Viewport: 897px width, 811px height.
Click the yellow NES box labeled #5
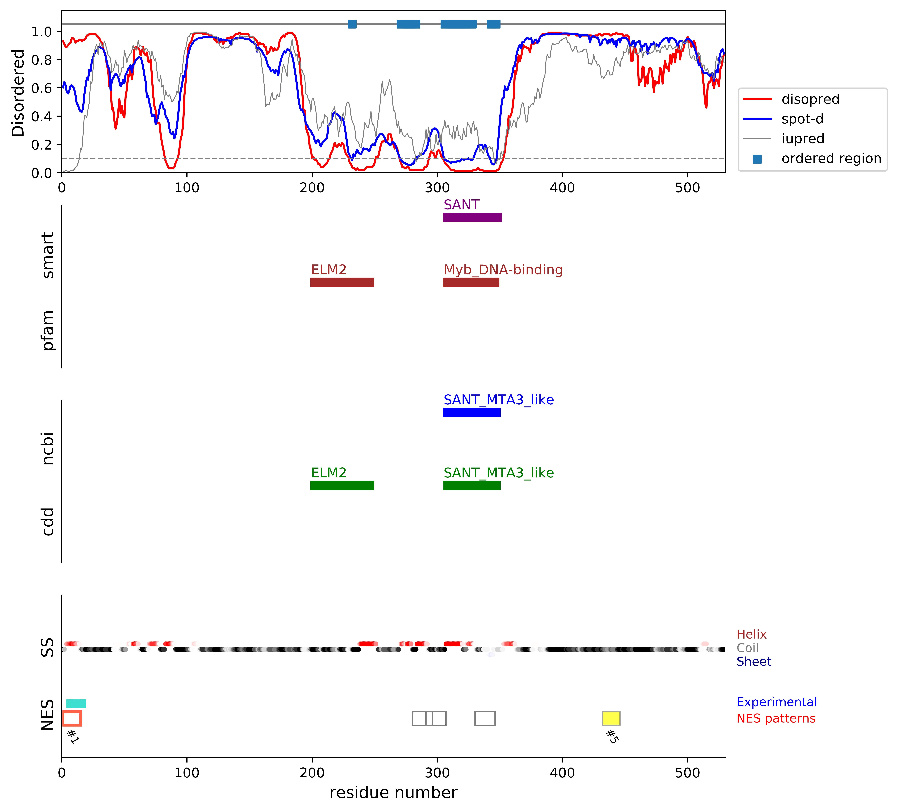pyautogui.click(x=611, y=718)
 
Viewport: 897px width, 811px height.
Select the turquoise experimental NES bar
pyautogui.click(x=76, y=703)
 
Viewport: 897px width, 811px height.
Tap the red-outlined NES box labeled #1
pyautogui.click(x=72, y=718)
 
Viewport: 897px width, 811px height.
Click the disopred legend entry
pyautogui.click(x=810, y=99)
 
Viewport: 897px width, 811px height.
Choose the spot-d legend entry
pyautogui.click(x=802, y=119)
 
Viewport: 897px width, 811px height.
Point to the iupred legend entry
pyautogui.click(x=803, y=139)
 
